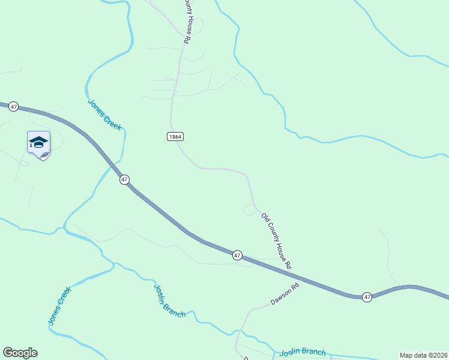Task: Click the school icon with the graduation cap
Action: pos(38,142)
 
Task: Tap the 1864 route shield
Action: pos(175,137)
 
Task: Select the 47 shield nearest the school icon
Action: pos(14,106)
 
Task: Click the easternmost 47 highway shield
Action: pos(367,296)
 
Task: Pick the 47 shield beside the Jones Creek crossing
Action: pos(124,179)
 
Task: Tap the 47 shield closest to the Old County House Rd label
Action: pos(237,256)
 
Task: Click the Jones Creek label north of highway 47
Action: pos(104,114)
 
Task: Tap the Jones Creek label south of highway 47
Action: pos(59,306)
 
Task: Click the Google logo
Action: pos(20,353)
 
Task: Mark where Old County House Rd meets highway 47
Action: pos(296,276)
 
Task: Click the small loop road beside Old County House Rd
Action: pos(249,209)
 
